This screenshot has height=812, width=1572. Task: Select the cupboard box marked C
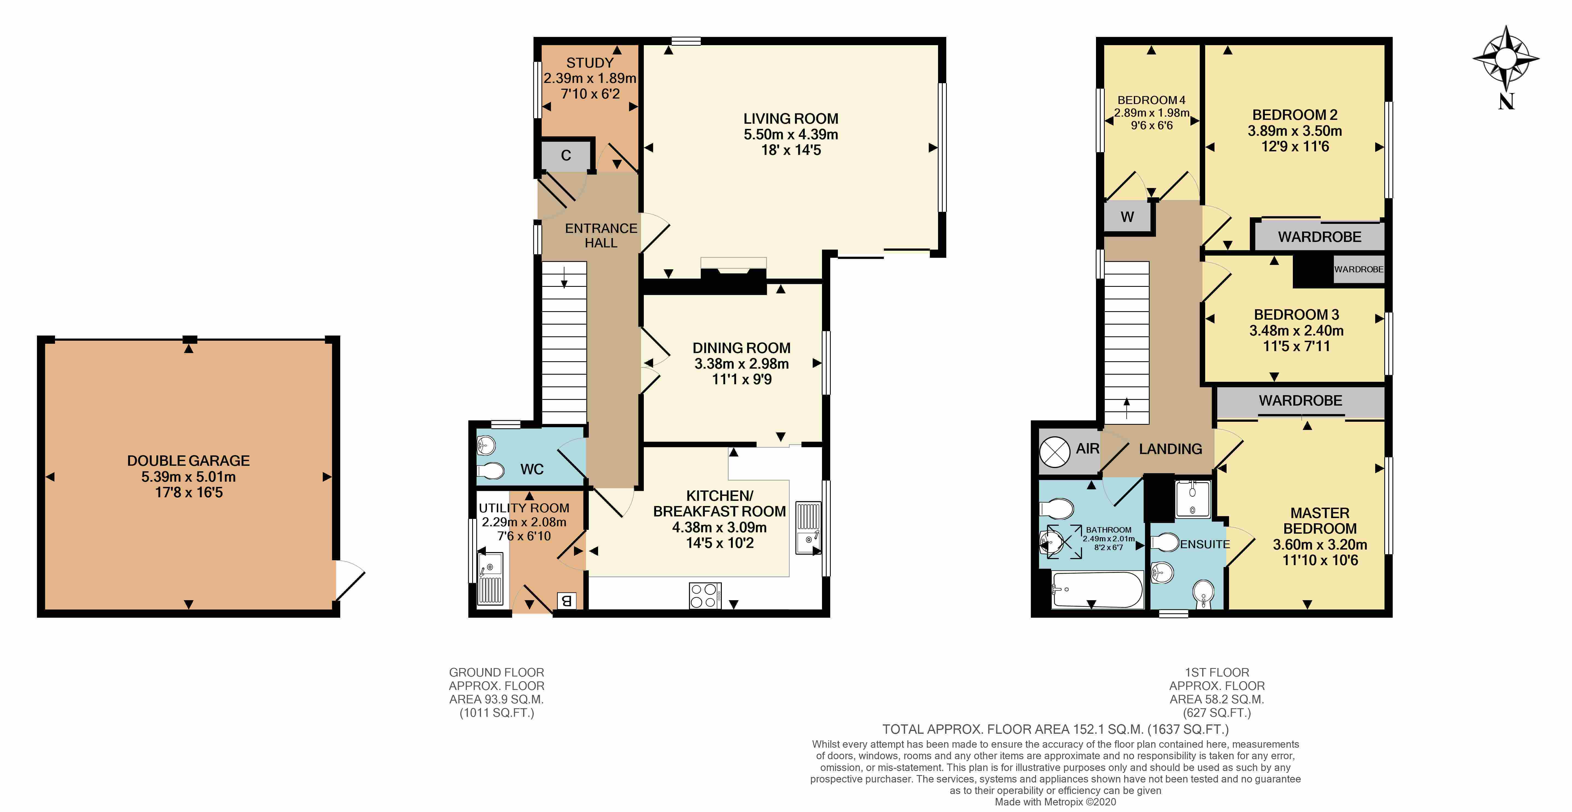566,155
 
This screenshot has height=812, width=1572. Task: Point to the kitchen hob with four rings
705,596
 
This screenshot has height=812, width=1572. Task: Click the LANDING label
1170,449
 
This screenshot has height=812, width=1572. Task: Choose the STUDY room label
590,63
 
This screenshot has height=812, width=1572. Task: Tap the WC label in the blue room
532,469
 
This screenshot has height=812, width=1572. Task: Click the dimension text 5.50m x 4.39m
790,134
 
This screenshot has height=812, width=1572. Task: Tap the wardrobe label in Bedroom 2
1319,237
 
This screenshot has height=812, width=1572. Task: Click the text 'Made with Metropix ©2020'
1055,802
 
